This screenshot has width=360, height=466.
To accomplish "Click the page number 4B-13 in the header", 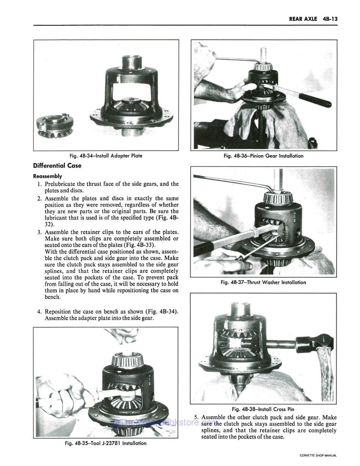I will [x=329, y=19].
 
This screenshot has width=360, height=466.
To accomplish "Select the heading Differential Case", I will [x=57, y=165].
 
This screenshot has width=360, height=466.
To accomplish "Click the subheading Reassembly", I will [x=47, y=176].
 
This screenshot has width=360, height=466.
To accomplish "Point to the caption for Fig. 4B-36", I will [x=263, y=155].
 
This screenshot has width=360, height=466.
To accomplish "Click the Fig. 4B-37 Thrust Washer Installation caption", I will [x=263, y=282].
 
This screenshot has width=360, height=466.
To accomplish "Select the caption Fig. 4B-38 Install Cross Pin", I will [x=263, y=409].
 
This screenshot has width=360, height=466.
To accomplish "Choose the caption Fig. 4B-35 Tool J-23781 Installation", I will [x=105, y=443].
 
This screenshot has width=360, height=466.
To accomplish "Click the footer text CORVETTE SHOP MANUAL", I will [x=318, y=455].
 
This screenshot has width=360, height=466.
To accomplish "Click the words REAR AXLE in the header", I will [x=303, y=19].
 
